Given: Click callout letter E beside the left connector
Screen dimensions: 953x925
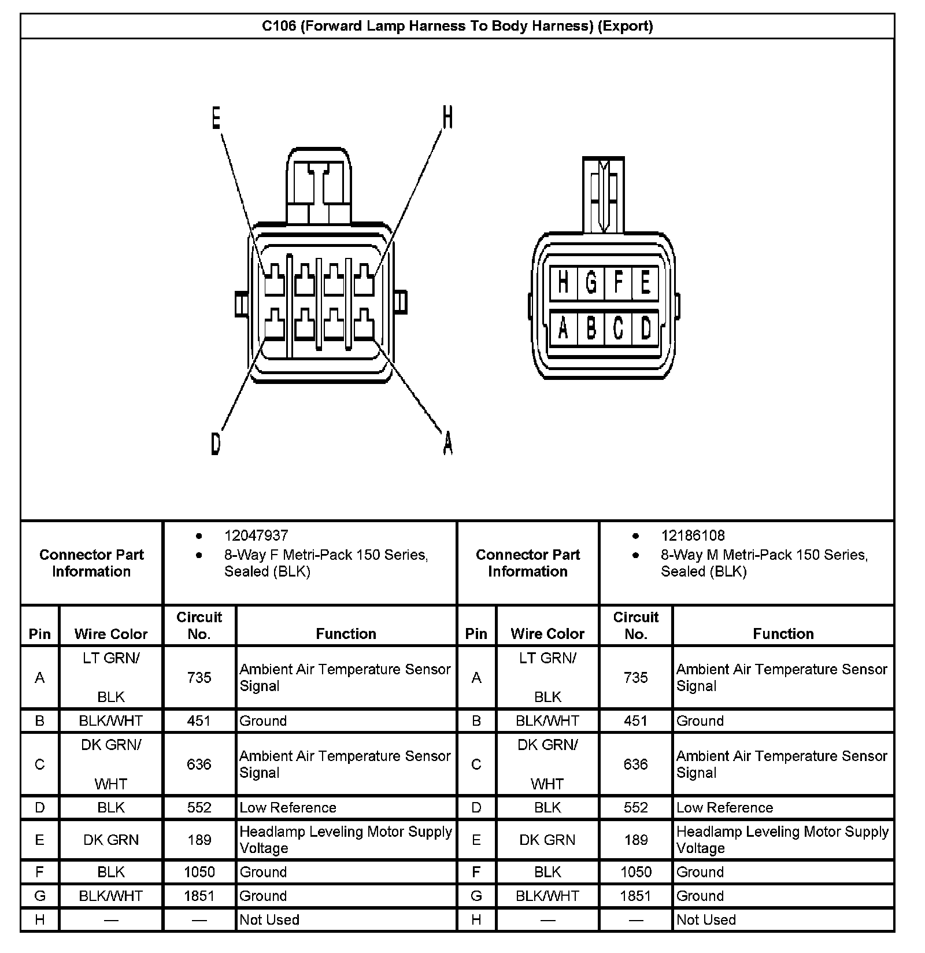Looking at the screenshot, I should [x=216, y=118].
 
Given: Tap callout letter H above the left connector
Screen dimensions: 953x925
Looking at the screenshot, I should [x=447, y=117].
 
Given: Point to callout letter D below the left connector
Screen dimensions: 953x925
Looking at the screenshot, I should [x=216, y=444].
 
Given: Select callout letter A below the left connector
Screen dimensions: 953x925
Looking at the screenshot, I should [x=447, y=444].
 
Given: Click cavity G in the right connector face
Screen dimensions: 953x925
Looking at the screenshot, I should [x=591, y=283].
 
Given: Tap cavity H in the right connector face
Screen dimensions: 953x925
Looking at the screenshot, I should [x=563, y=283].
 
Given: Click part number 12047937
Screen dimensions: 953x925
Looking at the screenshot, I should [x=256, y=535].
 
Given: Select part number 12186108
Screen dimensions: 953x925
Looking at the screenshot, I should [x=693, y=535].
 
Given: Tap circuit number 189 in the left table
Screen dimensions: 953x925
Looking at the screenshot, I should [x=199, y=840].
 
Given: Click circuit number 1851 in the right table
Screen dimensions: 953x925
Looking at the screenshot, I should [x=635, y=896].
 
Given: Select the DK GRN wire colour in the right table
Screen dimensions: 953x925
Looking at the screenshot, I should [x=547, y=840].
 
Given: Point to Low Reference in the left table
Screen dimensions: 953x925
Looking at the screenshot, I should [x=288, y=807].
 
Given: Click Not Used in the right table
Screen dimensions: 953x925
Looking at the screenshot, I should [x=706, y=919].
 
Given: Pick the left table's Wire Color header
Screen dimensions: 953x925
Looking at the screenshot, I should [x=111, y=634].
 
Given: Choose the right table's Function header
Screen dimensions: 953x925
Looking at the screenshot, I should [x=783, y=634].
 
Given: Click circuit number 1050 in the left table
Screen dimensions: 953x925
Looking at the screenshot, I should [x=199, y=872].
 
